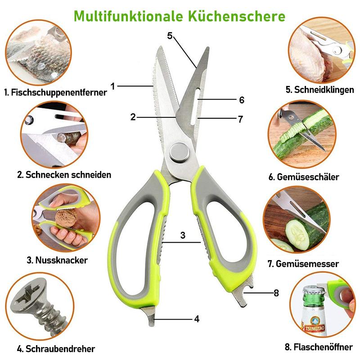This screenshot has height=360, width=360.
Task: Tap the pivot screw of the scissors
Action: (x=180, y=153)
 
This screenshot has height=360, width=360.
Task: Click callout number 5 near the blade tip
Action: (x=170, y=36)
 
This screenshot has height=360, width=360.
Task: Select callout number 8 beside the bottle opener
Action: (x=276, y=293)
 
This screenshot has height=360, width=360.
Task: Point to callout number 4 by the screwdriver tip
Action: (x=197, y=319)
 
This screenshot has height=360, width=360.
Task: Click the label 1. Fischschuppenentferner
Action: (x=55, y=92)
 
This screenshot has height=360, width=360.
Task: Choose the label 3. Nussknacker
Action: (x=57, y=260)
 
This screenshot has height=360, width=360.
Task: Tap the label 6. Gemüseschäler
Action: (x=304, y=177)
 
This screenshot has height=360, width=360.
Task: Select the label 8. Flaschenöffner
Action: (x=319, y=346)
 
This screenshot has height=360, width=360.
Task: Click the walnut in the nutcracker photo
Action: (x=66, y=218)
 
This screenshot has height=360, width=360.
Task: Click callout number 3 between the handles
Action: (x=183, y=235)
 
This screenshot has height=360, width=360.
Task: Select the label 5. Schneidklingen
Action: (x=319, y=90)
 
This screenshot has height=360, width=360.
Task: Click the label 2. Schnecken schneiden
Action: (x=64, y=175)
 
